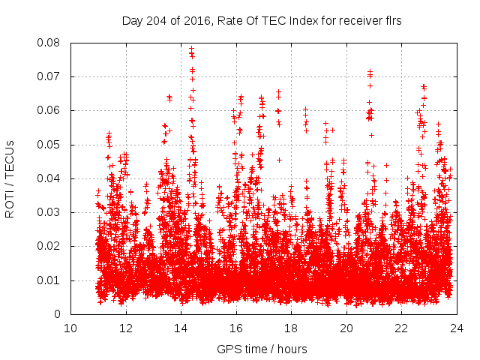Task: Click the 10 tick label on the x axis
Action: pos(70,328)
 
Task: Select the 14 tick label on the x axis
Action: pos(181,328)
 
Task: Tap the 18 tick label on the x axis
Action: pos(292,328)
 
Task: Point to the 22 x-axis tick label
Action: pos(402,328)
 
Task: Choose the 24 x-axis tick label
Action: pos(457,328)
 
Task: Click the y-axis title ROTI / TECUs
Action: pos(10,178)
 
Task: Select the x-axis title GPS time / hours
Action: pos(262,349)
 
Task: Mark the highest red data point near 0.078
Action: pos(191,49)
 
